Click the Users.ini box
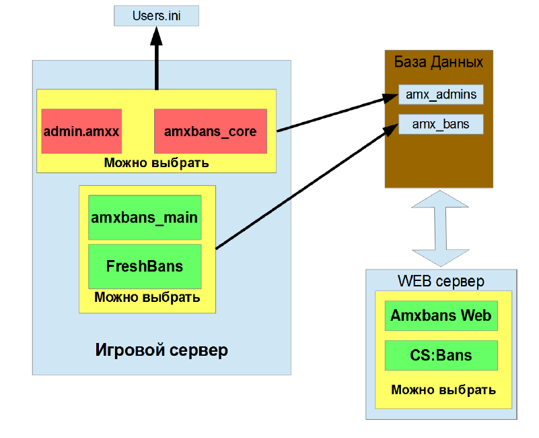point(157,15)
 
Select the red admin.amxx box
point(81,131)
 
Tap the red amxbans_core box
point(210,131)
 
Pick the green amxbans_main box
point(145,218)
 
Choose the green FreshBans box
point(145,265)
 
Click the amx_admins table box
point(441,94)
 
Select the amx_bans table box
point(441,124)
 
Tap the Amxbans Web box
point(441,315)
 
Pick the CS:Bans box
point(441,355)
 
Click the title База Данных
point(439,63)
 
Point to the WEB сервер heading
point(441,280)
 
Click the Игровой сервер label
point(161,350)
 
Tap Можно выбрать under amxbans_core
point(156,163)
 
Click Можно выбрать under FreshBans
point(147,297)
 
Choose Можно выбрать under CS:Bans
point(443,389)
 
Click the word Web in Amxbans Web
point(476,315)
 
